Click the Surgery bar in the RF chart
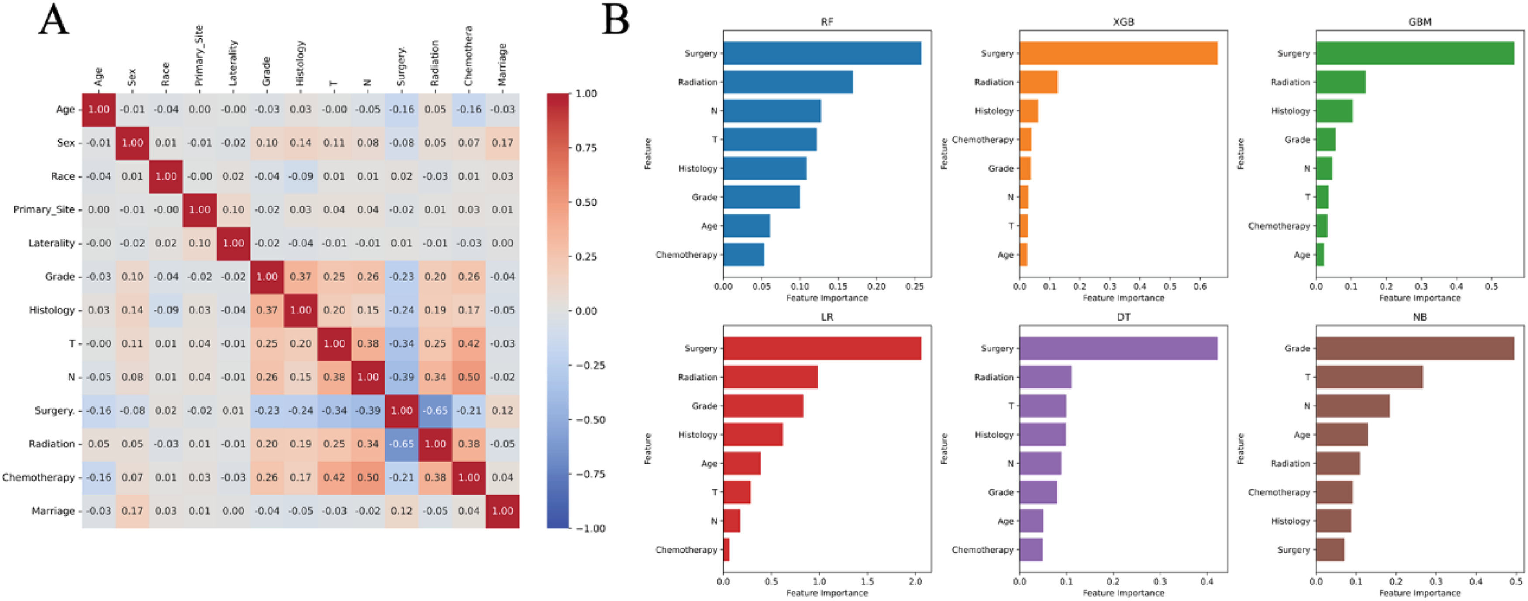[822, 53]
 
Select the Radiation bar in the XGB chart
[1038, 82]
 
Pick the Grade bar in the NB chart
[1414, 348]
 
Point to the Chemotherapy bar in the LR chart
[726, 550]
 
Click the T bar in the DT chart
[1042, 406]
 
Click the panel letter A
[53, 21]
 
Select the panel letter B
[615, 21]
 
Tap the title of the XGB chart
[1123, 22]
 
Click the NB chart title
[1419, 317]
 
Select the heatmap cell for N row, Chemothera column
[468, 377]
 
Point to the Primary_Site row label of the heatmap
[44, 209]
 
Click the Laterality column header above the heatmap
[233, 62]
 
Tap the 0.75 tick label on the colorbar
[586, 148]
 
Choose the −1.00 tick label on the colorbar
[590, 529]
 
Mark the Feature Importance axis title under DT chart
[1123, 593]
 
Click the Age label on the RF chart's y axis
[709, 226]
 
